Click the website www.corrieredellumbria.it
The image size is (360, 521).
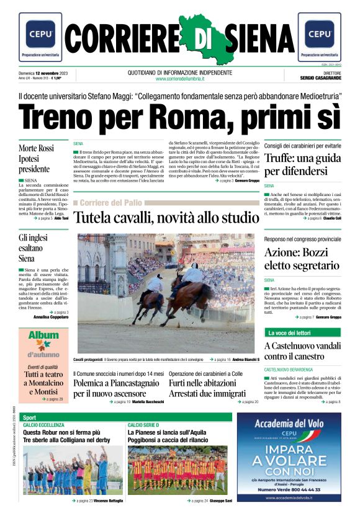[180, 79]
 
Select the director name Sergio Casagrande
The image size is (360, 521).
[321, 79]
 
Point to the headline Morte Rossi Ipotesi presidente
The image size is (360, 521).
[36, 158]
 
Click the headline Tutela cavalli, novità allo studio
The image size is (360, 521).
[164, 218]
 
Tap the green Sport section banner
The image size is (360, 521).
[30, 417]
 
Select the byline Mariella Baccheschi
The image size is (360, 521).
[148, 402]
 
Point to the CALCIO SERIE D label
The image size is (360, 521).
[144, 425]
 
